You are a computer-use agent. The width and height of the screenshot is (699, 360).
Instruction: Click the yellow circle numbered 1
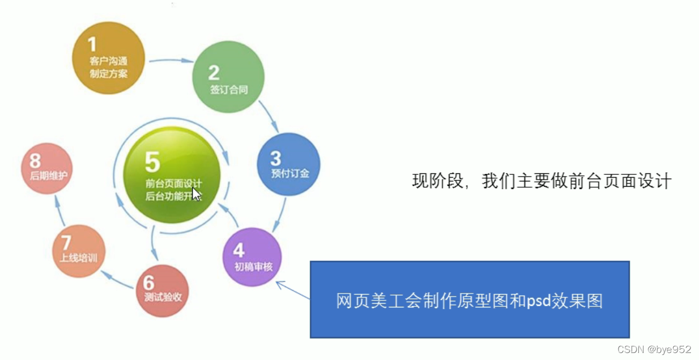coord(109,58)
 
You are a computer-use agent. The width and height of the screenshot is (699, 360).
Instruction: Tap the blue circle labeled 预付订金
coord(289,164)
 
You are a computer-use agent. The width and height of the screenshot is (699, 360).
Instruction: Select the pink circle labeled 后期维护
coord(46,169)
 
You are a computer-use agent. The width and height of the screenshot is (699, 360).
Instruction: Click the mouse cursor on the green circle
coord(196,194)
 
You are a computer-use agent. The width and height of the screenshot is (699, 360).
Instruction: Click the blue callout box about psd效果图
coord(469,299)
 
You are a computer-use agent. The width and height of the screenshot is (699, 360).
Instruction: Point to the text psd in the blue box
coord(538,301)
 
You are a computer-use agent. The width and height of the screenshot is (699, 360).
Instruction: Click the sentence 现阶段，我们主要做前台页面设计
coord(541,181)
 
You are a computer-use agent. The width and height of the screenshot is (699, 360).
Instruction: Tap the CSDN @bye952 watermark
coord(654,349)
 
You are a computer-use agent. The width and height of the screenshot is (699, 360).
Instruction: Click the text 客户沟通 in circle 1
coord(109,61)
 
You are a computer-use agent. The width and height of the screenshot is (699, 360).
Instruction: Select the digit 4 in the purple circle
coord(238,249)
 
